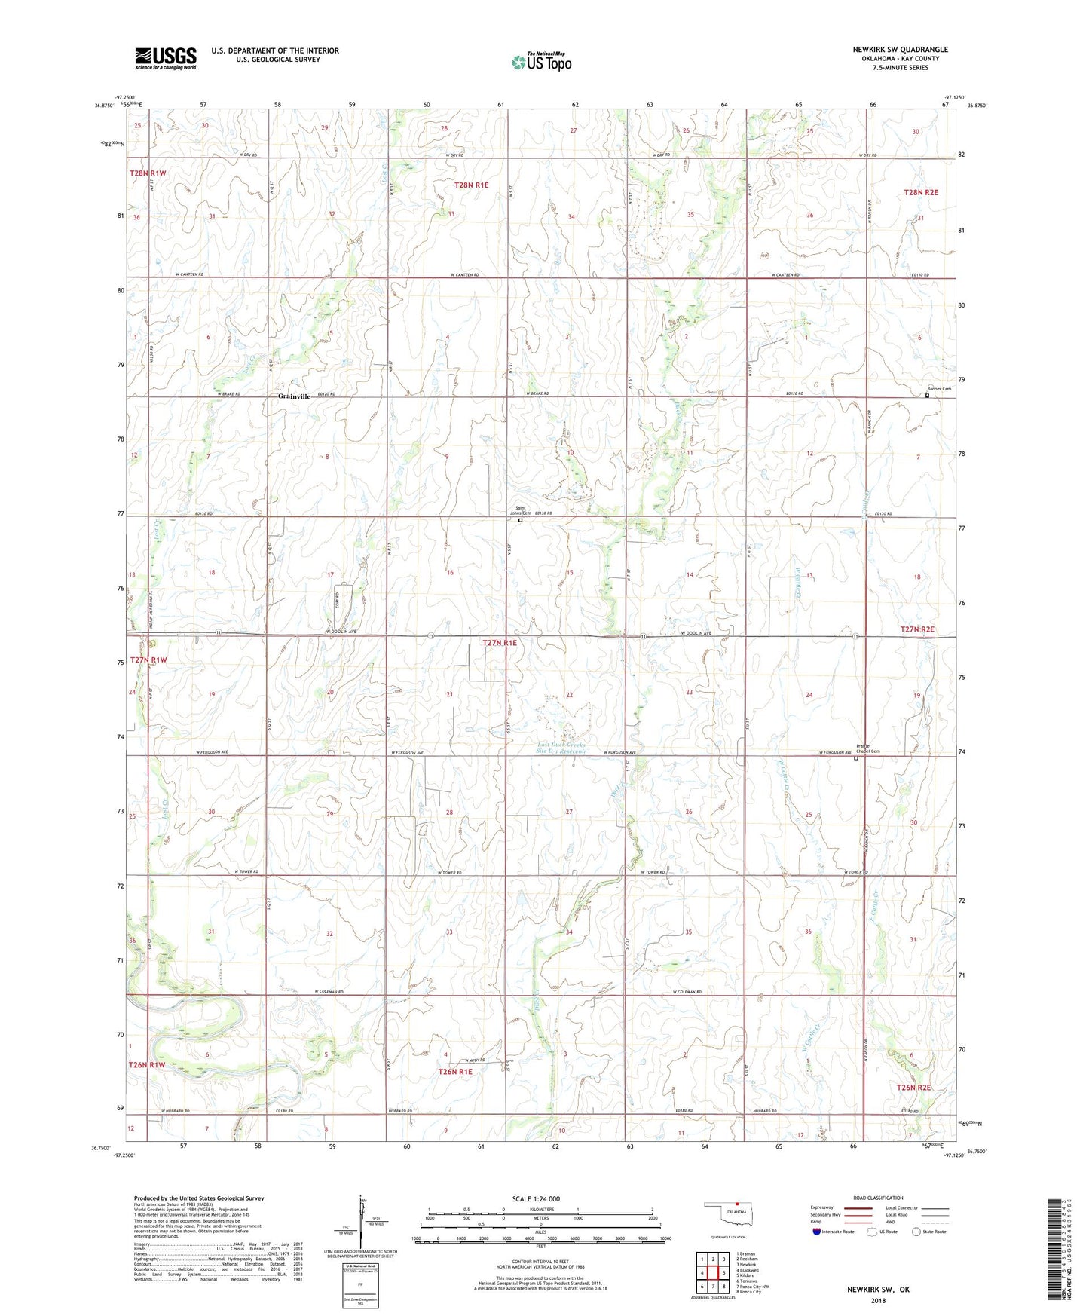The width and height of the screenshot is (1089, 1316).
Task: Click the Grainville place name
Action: tap(294, 396)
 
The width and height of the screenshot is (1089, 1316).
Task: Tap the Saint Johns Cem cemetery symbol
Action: tap(520, 519)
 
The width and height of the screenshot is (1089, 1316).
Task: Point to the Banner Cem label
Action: tap(939, 389)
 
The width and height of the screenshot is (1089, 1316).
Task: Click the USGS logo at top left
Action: tap(166, 58)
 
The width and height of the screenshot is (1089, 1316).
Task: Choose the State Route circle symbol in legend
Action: tap(916, 1232)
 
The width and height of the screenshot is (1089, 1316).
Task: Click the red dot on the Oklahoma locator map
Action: tap(736, 1203)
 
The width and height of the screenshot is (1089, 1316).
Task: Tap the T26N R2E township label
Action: tap(913, 1088)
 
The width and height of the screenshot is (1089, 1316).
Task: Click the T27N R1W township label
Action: tap(148, 660)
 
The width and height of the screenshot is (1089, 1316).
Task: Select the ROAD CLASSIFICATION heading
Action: tap(878, 1198)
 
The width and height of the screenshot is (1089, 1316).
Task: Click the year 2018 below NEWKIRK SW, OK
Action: tap(878, 1301)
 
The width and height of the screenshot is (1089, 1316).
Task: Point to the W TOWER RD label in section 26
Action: tap(653, 872)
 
